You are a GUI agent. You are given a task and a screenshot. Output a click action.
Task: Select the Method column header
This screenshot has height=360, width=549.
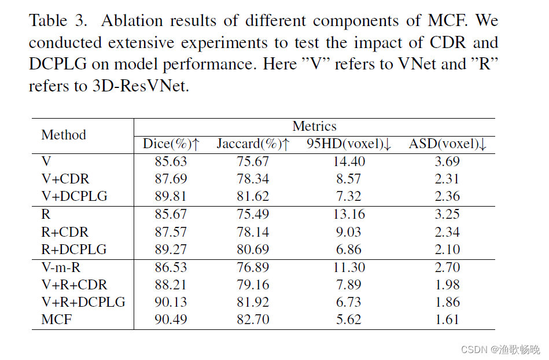[64, 135]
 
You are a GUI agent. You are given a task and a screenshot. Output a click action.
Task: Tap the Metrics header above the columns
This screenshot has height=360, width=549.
[314, 126]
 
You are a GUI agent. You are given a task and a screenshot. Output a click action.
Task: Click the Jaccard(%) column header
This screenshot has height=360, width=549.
[253, 144]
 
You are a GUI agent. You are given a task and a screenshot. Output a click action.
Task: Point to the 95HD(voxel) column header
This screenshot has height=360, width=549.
[349, 144]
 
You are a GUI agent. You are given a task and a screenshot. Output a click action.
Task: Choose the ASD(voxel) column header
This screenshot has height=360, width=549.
[448, 144]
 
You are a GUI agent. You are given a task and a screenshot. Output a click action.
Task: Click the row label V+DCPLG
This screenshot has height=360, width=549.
[74, 197]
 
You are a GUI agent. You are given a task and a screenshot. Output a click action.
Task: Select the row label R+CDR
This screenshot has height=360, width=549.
[65, 232]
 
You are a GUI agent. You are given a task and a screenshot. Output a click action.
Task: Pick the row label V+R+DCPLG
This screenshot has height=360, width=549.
[83, 302]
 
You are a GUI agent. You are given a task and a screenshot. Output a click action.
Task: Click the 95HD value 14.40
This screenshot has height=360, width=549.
[349, 162]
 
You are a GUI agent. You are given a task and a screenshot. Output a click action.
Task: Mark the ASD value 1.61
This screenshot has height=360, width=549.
[447, 319]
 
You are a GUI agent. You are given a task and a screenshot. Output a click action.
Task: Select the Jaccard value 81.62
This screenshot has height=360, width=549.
[253, 197]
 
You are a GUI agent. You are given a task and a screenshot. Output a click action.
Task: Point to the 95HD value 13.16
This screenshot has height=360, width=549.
[349, 215]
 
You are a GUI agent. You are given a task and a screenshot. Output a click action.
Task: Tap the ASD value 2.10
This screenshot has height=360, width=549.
[447, 249]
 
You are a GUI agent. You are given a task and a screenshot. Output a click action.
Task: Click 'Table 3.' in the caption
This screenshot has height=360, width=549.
[58, 21]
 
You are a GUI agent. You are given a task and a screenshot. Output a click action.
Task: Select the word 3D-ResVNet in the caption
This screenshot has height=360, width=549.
[139, 86]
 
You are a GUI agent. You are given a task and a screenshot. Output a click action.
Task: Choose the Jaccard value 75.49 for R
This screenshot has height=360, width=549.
[253, 215]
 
